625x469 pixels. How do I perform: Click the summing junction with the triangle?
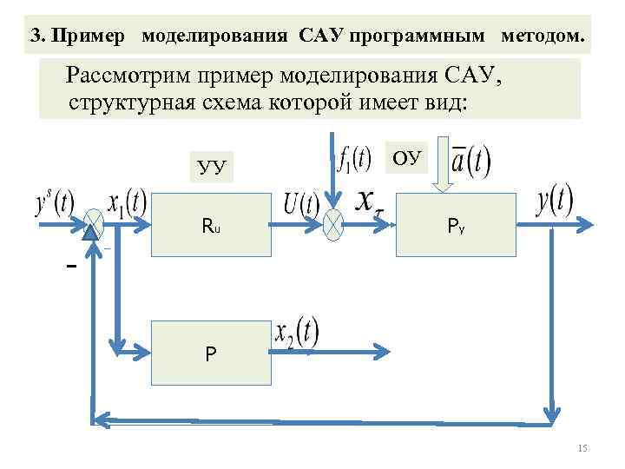coord(93,227)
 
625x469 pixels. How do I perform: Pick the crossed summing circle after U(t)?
coord(333,226)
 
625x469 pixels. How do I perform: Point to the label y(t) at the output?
coord(555,201)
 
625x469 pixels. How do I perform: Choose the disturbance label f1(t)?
coord(354,159)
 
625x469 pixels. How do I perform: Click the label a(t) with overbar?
coord(470,159)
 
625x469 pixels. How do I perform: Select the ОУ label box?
coord(406,156)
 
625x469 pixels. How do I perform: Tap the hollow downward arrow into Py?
coord(443,165)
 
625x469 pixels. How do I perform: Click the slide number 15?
coord(582,447)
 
